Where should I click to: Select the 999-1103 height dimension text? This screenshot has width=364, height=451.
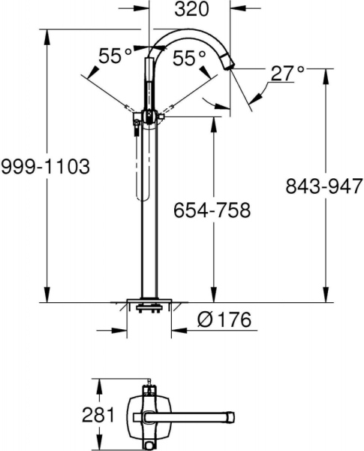(45, 167)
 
